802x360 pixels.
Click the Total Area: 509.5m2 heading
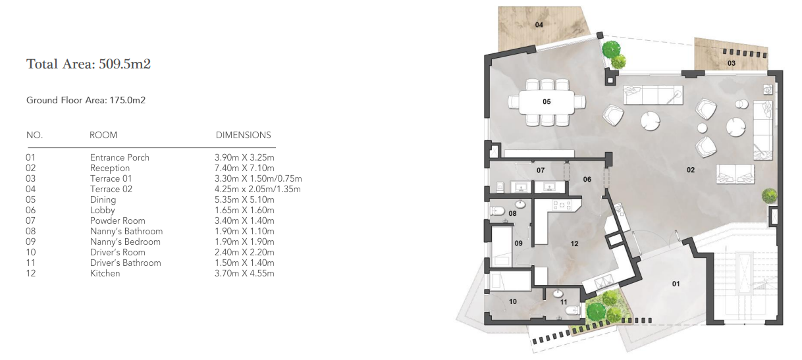coord(90,64)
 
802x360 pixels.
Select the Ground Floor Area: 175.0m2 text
coord(86,101)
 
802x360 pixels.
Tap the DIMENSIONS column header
coord(243,135)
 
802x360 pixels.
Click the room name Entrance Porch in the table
coord(120,157)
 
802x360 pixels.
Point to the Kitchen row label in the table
coord(105,273)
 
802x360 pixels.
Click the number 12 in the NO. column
coord(31,273)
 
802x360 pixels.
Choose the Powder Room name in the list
coord(118,220)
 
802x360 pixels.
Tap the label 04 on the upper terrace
coord(539,25)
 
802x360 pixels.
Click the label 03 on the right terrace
coord(731,63)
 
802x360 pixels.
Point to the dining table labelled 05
coord(547,102)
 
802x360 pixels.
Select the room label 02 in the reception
coord(691,170)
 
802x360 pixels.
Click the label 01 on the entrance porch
coord(676,284)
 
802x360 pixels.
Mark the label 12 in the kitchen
coord(574,244)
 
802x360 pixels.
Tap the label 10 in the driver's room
coord(512,302)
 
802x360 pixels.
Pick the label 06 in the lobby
coord(587,179)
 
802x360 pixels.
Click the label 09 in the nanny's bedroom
coord(518,244)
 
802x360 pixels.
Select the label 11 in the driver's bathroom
coord(564,302)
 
